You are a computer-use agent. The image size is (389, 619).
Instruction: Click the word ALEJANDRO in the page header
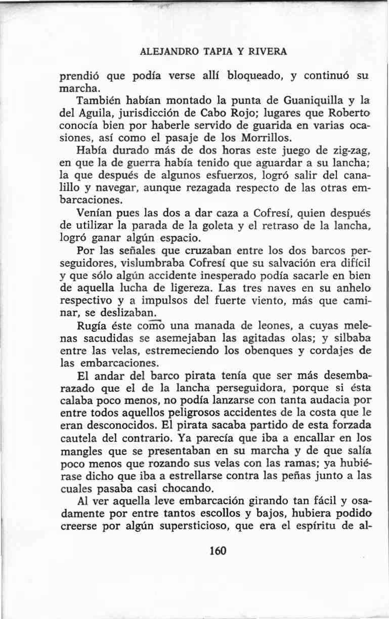click(164, 52)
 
